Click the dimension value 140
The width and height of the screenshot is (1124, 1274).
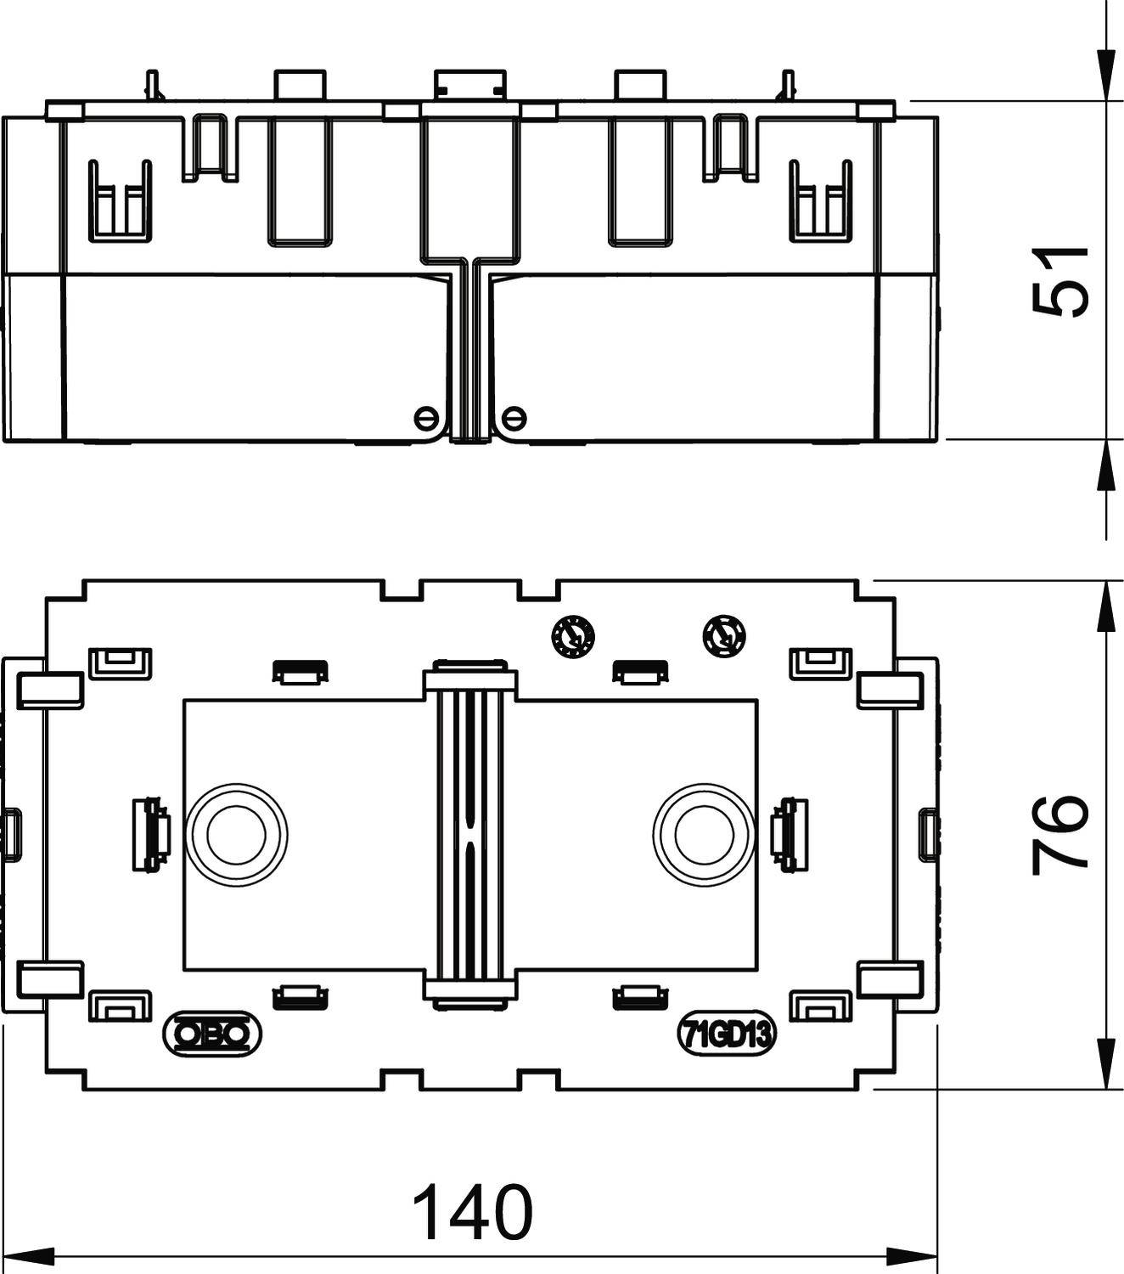pyautogui.click(x=472, y=1210)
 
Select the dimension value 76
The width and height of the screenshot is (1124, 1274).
pyautogui.click(x=1059, y=835)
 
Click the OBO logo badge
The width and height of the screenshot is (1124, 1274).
pyautogui.click(x=212, y=1033)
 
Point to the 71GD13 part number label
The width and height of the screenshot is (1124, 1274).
pyautogui.click(x=727, y=1034)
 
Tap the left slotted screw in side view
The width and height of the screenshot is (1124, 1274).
pyautogui.click(x=426, y=417)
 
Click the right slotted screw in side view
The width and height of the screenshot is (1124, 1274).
pyautogui.click(x=514, y=417)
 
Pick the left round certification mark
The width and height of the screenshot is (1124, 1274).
pyautogui.click(x=572, y=635)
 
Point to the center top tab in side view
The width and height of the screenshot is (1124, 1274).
pyautogui.click(x=469, y=84)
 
